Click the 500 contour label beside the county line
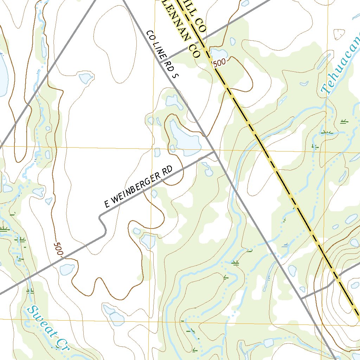coord(219,63)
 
